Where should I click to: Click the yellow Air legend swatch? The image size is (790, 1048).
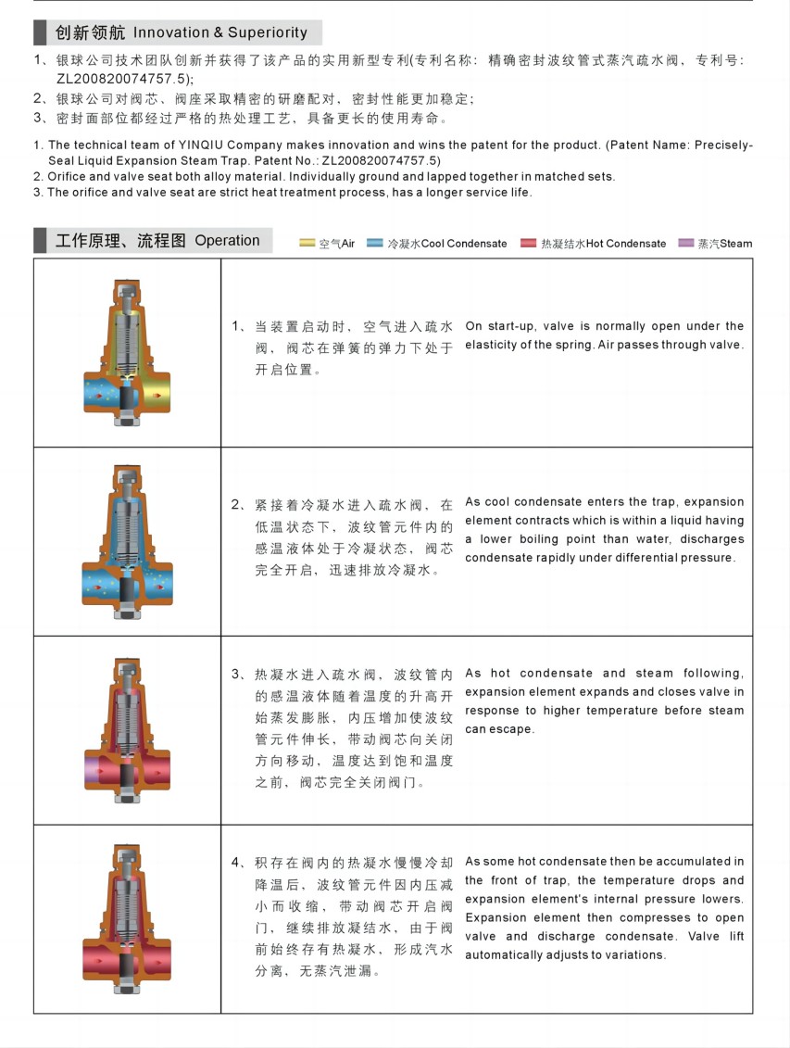pyautogui.click(x=307, y=244)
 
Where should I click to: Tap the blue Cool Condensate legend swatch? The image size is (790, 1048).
pyautogui.click(x=375, y=244)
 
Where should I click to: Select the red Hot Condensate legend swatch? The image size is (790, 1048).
pyautogui.click(x=528, y=244)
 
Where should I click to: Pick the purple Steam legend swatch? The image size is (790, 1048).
pyautogui.click(x=686, y=244)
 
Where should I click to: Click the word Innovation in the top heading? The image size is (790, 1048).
pyautogui.click(x=171, y=32)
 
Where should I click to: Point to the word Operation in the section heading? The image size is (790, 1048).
pyautogui.click(x=227, y=241)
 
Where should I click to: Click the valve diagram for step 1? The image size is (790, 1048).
pyautogui.click(x=127, y=353)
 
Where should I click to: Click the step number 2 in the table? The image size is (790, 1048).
pyautogui.click(x=236, y=505)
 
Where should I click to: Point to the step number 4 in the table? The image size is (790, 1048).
pyautogui.click(x=236, y=862)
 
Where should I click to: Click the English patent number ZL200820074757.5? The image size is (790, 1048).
pyautogui.click(x=381, y=161)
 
